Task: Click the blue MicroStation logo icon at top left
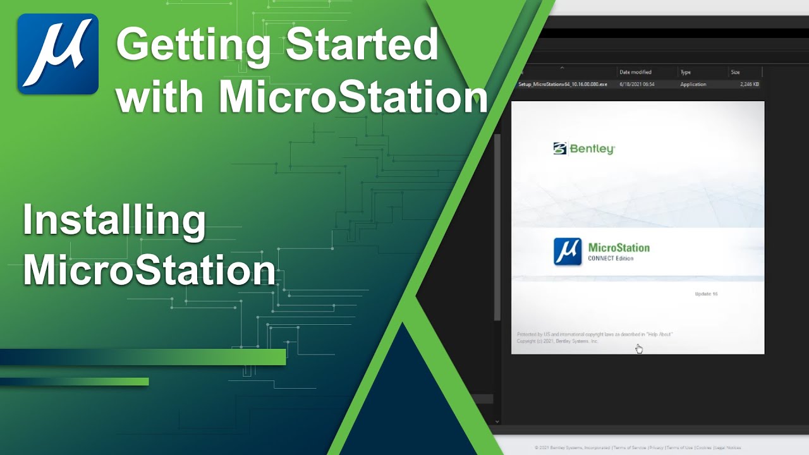coord(58,54)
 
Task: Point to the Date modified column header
coord(635,72)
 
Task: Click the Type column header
coord(686,72)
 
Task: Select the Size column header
coord(735,72)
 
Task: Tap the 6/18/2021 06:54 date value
coord(636,84)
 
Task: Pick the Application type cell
coord(693,84)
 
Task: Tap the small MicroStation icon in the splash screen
coord(568,252)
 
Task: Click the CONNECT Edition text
coord(611,258)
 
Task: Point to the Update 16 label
coord(706,294)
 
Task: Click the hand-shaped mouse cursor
coord(639,349)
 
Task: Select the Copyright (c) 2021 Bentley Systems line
coord(557,341)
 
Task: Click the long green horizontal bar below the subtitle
coord(143,357)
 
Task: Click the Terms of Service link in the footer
coord(631,447)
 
